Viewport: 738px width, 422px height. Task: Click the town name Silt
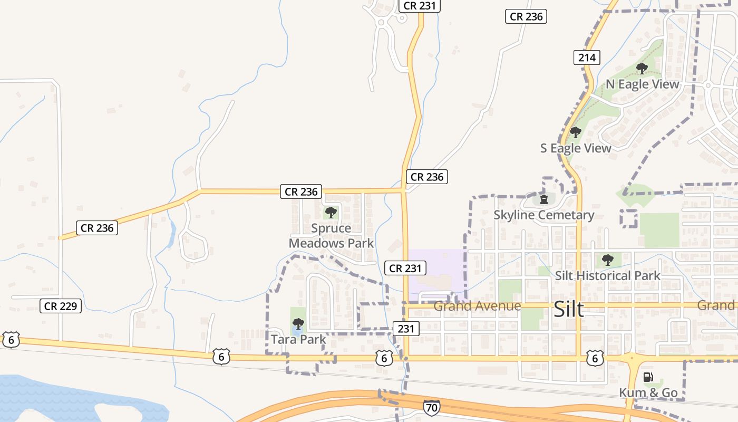[x=569, y=310]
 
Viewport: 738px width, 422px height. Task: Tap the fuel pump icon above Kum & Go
[x=648, y=377]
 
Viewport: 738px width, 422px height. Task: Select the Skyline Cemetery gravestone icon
[x=544, y=199]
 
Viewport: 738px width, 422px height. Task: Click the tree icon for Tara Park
[x=298, y=323]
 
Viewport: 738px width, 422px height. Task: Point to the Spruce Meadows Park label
[x=331, y=236]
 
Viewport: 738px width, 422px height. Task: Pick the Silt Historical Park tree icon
[x=608, y=260]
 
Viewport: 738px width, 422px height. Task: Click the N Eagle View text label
[x=642, y=84]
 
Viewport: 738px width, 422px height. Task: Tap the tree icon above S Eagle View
[x=576, y=132]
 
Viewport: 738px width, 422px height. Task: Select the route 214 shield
[x=587, y=57]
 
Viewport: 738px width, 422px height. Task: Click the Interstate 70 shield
[x=431, y=407]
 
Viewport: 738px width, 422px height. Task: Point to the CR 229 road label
[x=61, y=306]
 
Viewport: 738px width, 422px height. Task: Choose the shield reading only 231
[x=405, y=329]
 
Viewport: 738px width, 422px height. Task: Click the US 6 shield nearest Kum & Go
[x=595, y=359]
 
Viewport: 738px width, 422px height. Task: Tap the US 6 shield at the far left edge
[x=11, y=340]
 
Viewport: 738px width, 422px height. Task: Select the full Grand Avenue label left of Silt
[x=477, y=306]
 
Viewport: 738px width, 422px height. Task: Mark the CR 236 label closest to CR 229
[x=96, y=228]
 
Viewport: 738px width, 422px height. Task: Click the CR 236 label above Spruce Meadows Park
[x=301, y=192]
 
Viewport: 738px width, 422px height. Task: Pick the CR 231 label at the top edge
[x=419, y=6]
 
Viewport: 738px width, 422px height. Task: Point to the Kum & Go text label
[x=648, y=393]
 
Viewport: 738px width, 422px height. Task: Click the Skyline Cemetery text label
[x=543, y=215]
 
